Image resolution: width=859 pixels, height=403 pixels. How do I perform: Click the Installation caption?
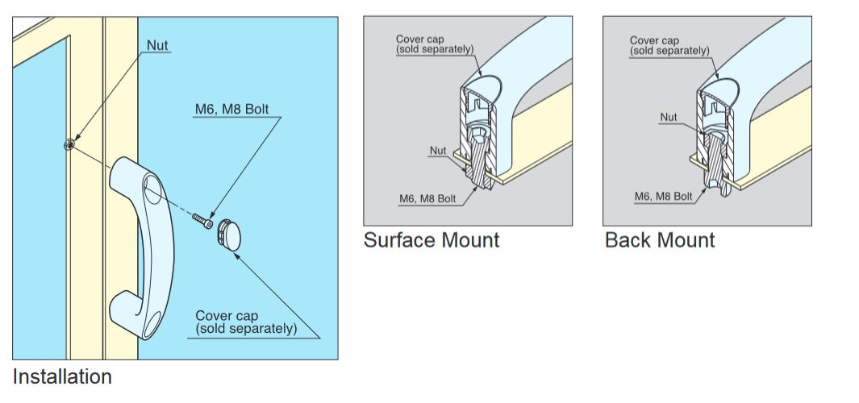[x=62, y=376]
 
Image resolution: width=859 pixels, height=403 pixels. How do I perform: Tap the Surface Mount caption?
[x=432, y=239]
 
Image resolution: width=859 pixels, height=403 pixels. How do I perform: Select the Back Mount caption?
[x=660, y=239]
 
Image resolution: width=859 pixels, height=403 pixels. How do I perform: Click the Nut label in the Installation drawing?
[x=158, y=45]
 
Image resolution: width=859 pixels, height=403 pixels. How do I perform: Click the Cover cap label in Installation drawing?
[x=227, y=316]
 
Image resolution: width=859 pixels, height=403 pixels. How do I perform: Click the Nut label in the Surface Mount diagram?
[x=439, y=150]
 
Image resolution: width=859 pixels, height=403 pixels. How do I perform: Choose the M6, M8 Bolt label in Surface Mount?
[x=428, y=199]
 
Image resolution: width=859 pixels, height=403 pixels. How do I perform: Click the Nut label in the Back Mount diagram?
[x=669, y=118]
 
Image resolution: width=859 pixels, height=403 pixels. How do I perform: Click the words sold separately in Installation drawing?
[x=247, y=329]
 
